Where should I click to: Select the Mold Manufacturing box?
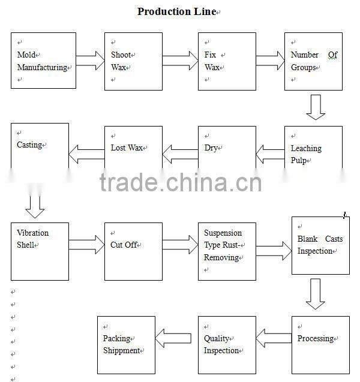coord(43,61)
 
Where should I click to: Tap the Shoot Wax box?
coord(133,61)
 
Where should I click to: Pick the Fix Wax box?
coord(227,61)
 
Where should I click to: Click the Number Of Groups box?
coord(313,61)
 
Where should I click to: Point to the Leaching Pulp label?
coord(306,154)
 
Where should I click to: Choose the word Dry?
coord(211,148)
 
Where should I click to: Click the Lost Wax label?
coord(127,148)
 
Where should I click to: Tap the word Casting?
coord(29,145)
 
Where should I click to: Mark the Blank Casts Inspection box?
coord(320,245)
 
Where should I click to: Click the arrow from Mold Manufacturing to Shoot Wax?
coord(90,60)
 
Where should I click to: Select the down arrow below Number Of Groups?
coord(316,107)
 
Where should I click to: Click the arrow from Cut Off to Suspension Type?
coord(179,244)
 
